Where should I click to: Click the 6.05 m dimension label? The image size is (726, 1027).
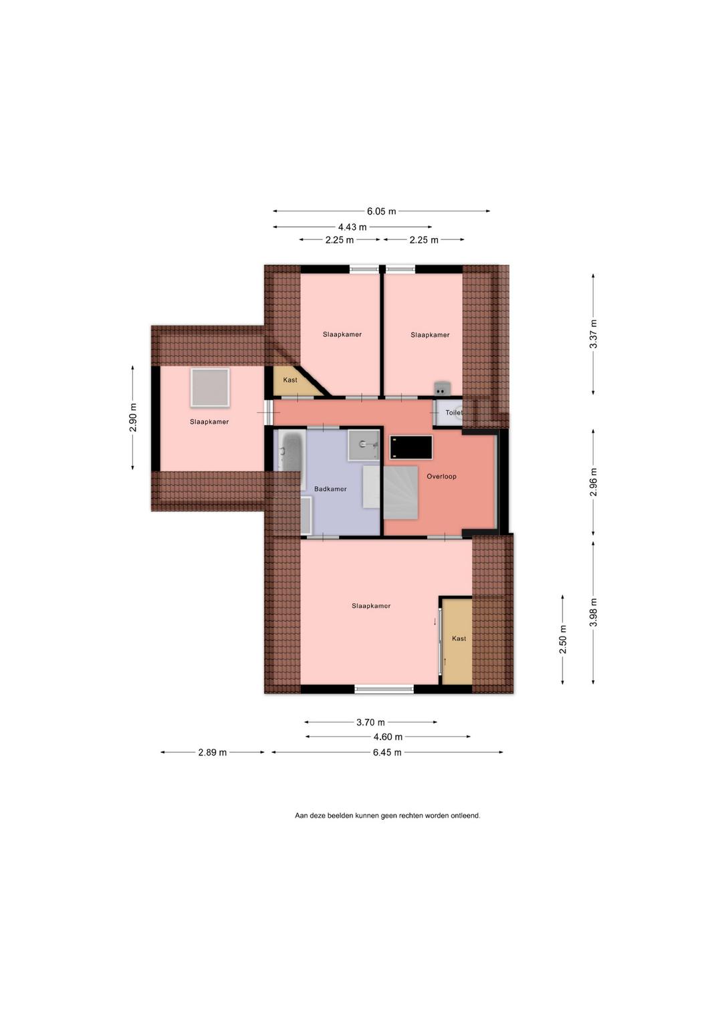click(381, 211)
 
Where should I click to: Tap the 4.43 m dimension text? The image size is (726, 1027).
click(352, 227)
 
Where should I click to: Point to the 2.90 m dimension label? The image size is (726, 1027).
click(133, 417)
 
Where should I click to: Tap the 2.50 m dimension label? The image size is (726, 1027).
click(563, 639)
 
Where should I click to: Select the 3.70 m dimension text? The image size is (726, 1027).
click(371, 722)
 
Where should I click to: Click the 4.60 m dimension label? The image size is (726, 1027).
click(388, 737)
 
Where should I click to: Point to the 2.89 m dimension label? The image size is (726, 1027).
click(213, 752)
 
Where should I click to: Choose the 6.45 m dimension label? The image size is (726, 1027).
click(387, 752)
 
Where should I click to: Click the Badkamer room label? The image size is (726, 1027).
click(330, 489)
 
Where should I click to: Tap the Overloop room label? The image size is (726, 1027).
click(441, 476)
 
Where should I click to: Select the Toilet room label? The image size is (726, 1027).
click(454, 413)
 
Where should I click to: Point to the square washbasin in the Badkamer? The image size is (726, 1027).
click(364, 445)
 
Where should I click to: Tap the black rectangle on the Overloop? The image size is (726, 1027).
click(411, 447)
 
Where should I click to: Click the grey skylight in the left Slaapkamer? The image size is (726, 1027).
click(210, 387)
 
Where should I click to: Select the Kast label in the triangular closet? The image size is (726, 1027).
click(290, 380)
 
